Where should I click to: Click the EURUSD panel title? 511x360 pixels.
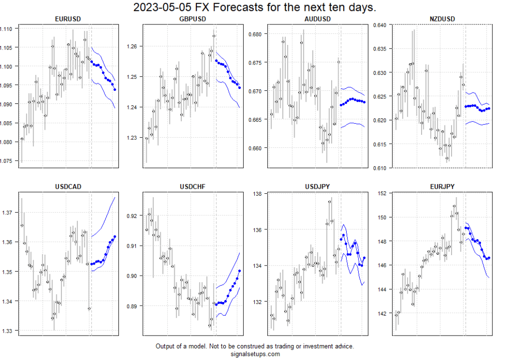(x=68, y=19)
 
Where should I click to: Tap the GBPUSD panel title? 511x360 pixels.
(x=192, y=19)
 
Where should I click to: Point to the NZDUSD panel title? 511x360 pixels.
(x=442, y=19)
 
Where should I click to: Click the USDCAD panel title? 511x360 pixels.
(x=68, y=187)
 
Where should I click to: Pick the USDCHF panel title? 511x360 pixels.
(x=192, y=187)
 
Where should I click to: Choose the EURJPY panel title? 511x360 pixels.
(x=442, y=187)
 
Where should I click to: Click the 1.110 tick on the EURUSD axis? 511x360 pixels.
(x=7, y=29)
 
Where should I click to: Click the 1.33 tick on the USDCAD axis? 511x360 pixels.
(x=9, y=331)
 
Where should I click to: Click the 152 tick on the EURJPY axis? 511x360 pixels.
(x=383, y=194)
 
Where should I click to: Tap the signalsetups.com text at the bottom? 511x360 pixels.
(x=255, y=354)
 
